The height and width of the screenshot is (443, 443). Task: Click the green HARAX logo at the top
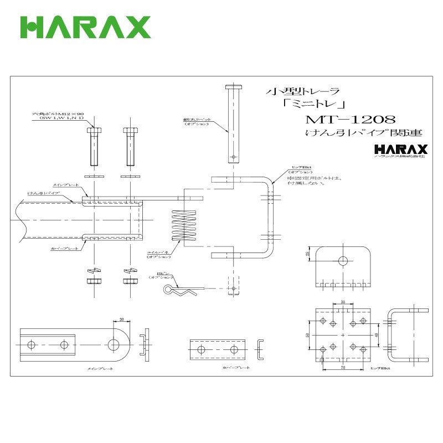tap(85, 27)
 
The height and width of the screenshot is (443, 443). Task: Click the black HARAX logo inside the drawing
tap(401, 150)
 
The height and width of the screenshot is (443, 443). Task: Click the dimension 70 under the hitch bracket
tap(343, 367)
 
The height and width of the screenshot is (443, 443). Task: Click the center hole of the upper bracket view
tap(343, 260)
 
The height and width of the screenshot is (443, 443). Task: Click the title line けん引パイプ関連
tap(364, 133)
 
